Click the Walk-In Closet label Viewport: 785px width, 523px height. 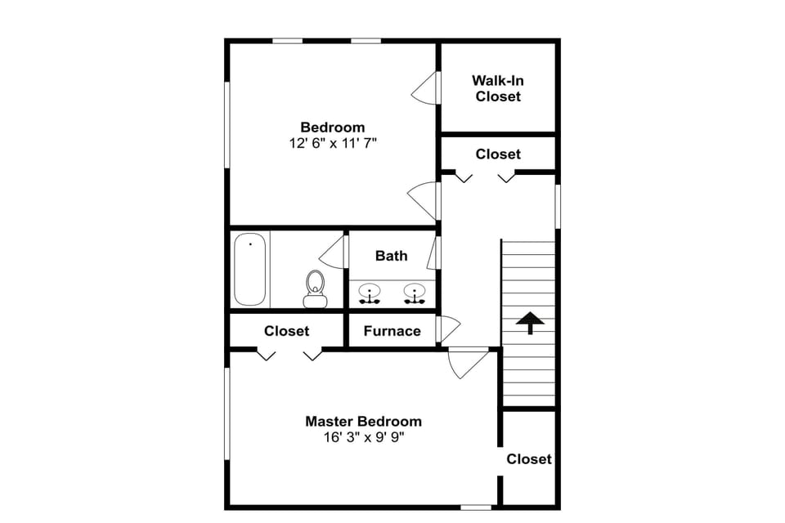click(x=497, y=88)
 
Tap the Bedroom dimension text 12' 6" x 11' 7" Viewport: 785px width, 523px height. click(x=332, y=143)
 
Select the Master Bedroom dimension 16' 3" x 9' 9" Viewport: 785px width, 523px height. click(x=364, y=437)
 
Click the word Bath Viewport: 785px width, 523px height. click(x=391, y=256)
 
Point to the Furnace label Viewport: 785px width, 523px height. click(x=392, y=331)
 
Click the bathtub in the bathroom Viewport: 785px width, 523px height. click(x=250, y=269)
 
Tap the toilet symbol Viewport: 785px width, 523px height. click(x=315, y=288)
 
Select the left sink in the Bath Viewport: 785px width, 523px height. click(x=370, y=293)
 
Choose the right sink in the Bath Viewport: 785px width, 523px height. click(x=415, y=293)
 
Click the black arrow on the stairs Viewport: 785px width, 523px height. click(x=530, y=323)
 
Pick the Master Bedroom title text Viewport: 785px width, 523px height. click(x=364, y=422)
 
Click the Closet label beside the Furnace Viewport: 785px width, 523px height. click(x=286, y=331)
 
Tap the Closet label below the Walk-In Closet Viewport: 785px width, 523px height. click(x=498, y=154)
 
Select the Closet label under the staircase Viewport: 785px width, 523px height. click(x=529, y=459)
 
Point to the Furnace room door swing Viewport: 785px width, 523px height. click(x=449, y=329)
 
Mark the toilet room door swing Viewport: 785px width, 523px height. click(x=334, y=253)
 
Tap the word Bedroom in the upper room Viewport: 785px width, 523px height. click(x=332, y=127)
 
